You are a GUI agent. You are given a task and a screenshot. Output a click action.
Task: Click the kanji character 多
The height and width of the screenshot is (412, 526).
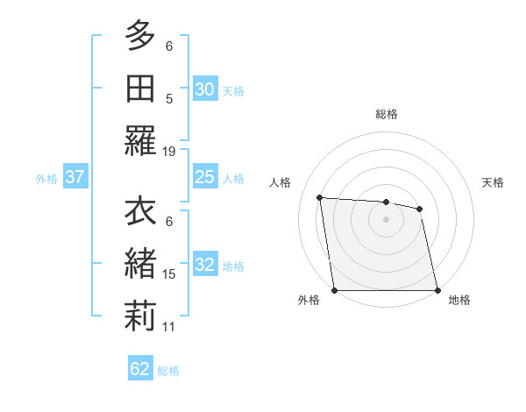[x=140, y=38]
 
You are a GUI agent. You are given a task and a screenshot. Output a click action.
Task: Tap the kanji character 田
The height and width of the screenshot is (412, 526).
[x=140, y=88]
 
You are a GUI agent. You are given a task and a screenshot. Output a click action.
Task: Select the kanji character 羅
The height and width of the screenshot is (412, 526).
[x=140, y=140]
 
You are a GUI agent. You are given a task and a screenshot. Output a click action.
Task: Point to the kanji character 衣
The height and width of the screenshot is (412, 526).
[x=140, y=213]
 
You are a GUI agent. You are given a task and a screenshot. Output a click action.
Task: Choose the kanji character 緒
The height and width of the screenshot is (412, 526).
[x=140, y=264]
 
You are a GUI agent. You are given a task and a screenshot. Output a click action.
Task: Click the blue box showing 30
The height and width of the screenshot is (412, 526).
[x=205, y=89]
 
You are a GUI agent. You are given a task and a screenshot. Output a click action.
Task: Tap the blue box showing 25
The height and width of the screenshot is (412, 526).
[x=205, y=177]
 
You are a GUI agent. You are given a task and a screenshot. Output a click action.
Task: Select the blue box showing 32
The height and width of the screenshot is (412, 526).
[x=205, y=265]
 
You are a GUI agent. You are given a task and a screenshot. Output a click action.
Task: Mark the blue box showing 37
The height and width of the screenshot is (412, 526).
[x=75, y=177]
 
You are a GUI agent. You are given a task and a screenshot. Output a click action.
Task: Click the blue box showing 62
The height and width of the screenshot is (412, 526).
[x=140, y=369]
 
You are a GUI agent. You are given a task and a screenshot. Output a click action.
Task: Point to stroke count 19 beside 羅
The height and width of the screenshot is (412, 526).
[x=169, y=151]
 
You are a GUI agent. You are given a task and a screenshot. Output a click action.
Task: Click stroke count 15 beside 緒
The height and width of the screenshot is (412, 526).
[x=169, y=274]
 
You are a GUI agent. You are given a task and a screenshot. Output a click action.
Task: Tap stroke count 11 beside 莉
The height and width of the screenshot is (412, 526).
[x=169, y=326]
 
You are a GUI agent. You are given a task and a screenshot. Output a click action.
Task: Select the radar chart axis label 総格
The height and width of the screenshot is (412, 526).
[x=387, y=114]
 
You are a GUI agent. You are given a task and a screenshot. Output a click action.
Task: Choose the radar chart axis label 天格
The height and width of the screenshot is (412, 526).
[x=494, y=182]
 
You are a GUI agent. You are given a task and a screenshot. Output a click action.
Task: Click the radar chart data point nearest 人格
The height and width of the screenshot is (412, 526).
[x=320, y=197]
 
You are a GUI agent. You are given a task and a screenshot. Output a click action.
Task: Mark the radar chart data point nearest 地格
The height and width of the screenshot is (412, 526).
[x=437, y=290]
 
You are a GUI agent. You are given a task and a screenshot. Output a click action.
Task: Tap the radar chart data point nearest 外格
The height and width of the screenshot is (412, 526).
[x=335, y=290]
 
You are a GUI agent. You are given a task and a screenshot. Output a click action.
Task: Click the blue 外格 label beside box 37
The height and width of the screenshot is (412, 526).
[x=46, y=178]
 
